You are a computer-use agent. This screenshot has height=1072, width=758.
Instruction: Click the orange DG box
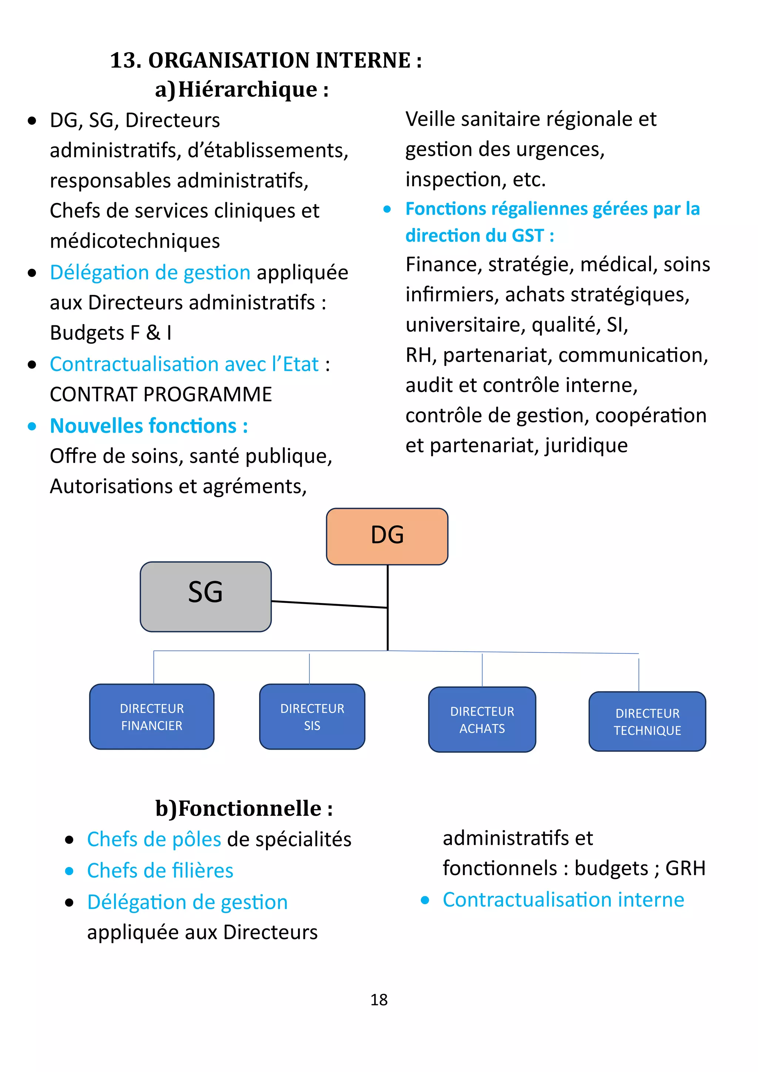(x=387, y=536)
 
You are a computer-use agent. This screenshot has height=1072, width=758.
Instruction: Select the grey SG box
(x=205, y=596)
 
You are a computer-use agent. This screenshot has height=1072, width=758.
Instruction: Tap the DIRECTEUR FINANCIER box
(x=152, y=717)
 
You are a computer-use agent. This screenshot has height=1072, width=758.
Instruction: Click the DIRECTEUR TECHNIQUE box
(x=647, y=721)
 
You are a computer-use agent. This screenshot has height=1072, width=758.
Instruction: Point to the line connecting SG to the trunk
(x=329, y=604)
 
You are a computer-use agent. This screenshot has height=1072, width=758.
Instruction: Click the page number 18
(x=379, y=999)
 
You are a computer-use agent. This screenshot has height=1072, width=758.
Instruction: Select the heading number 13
(x=125, y=61)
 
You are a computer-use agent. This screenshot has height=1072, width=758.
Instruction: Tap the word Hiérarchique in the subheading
(x=247, y=89)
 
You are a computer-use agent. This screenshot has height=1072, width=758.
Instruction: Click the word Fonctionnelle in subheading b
(x=250, y=808)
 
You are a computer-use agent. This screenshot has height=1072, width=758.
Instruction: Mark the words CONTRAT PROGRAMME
(x=161, y=395)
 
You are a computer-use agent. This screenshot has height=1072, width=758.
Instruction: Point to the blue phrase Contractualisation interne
(x=563, y=900)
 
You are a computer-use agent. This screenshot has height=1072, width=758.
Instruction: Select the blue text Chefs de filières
(x=160, y=871)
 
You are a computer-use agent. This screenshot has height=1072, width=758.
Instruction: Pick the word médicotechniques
(x=135, y=241)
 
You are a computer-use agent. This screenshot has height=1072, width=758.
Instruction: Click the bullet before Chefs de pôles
(x=70, y=840)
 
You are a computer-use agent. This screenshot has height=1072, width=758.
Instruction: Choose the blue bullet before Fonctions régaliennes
(x=387, y=210)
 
